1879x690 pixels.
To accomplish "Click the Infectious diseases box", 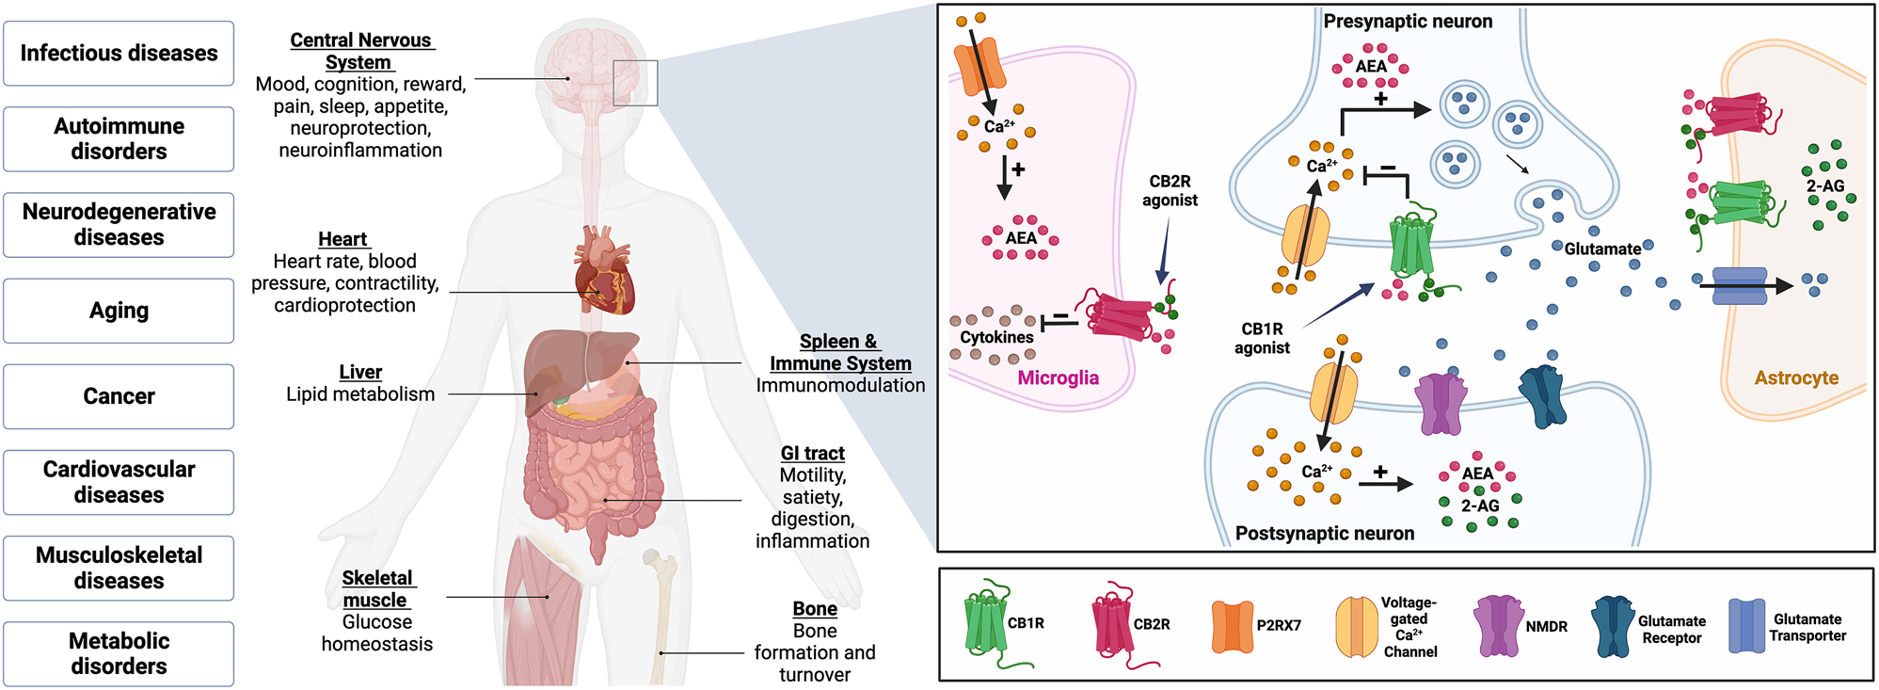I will tap(119, 54).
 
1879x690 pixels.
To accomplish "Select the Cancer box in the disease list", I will tap(119, 396).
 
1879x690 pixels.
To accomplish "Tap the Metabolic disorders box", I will tap(119, 653).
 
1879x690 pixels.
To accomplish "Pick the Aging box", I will tap(119, 311).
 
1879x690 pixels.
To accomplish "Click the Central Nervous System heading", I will tap(360, 51).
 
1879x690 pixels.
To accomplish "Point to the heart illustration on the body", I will tap(604, 272).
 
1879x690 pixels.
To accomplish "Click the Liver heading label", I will tap(360, 372).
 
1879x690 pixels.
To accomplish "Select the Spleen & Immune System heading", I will tap(840, 352).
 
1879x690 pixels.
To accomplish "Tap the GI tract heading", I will tap(812, 453).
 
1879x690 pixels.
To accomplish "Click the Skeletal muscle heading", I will tap(376, 588).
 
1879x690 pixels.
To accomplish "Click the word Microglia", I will tap(1058, 377).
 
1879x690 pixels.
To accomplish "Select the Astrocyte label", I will tap(1795, 377).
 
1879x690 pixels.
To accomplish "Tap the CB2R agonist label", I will tap(1170, 190).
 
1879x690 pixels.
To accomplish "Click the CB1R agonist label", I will tap(1262, 338).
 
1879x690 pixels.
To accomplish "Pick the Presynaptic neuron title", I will tap(1407, 21).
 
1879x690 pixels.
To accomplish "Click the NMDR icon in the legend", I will tap(1498, 625).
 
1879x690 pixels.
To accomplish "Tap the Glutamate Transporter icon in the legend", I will tap(1746, 626).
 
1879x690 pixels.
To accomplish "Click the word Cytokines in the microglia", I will tap(996, 337).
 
